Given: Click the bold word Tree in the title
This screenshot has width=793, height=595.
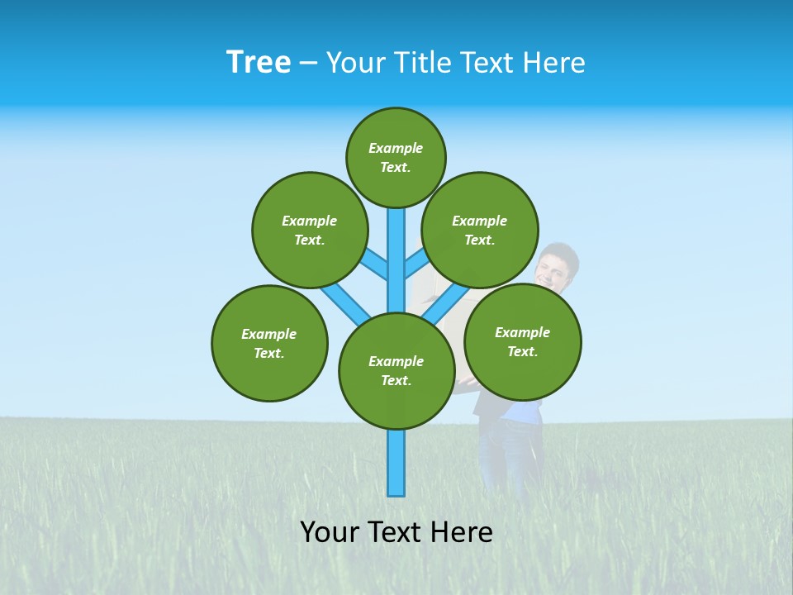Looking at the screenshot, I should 259,62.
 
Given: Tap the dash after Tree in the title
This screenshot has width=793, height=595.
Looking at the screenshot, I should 308,64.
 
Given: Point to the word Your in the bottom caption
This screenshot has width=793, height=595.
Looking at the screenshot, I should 330,531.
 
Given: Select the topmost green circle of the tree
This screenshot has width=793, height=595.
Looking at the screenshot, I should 396,157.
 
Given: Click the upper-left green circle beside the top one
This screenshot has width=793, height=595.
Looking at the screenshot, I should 310,230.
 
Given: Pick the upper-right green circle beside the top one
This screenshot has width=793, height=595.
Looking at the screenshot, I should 480,230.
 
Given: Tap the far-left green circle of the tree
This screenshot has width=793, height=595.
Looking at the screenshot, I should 269,343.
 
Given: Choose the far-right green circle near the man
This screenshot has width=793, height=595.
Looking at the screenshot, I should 522,341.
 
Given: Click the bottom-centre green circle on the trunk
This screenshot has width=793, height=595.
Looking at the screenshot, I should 396,370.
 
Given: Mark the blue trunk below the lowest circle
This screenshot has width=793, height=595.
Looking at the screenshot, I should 396,463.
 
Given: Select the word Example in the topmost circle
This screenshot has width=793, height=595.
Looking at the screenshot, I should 396,148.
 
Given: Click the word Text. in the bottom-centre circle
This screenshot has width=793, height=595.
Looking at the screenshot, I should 396,380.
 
